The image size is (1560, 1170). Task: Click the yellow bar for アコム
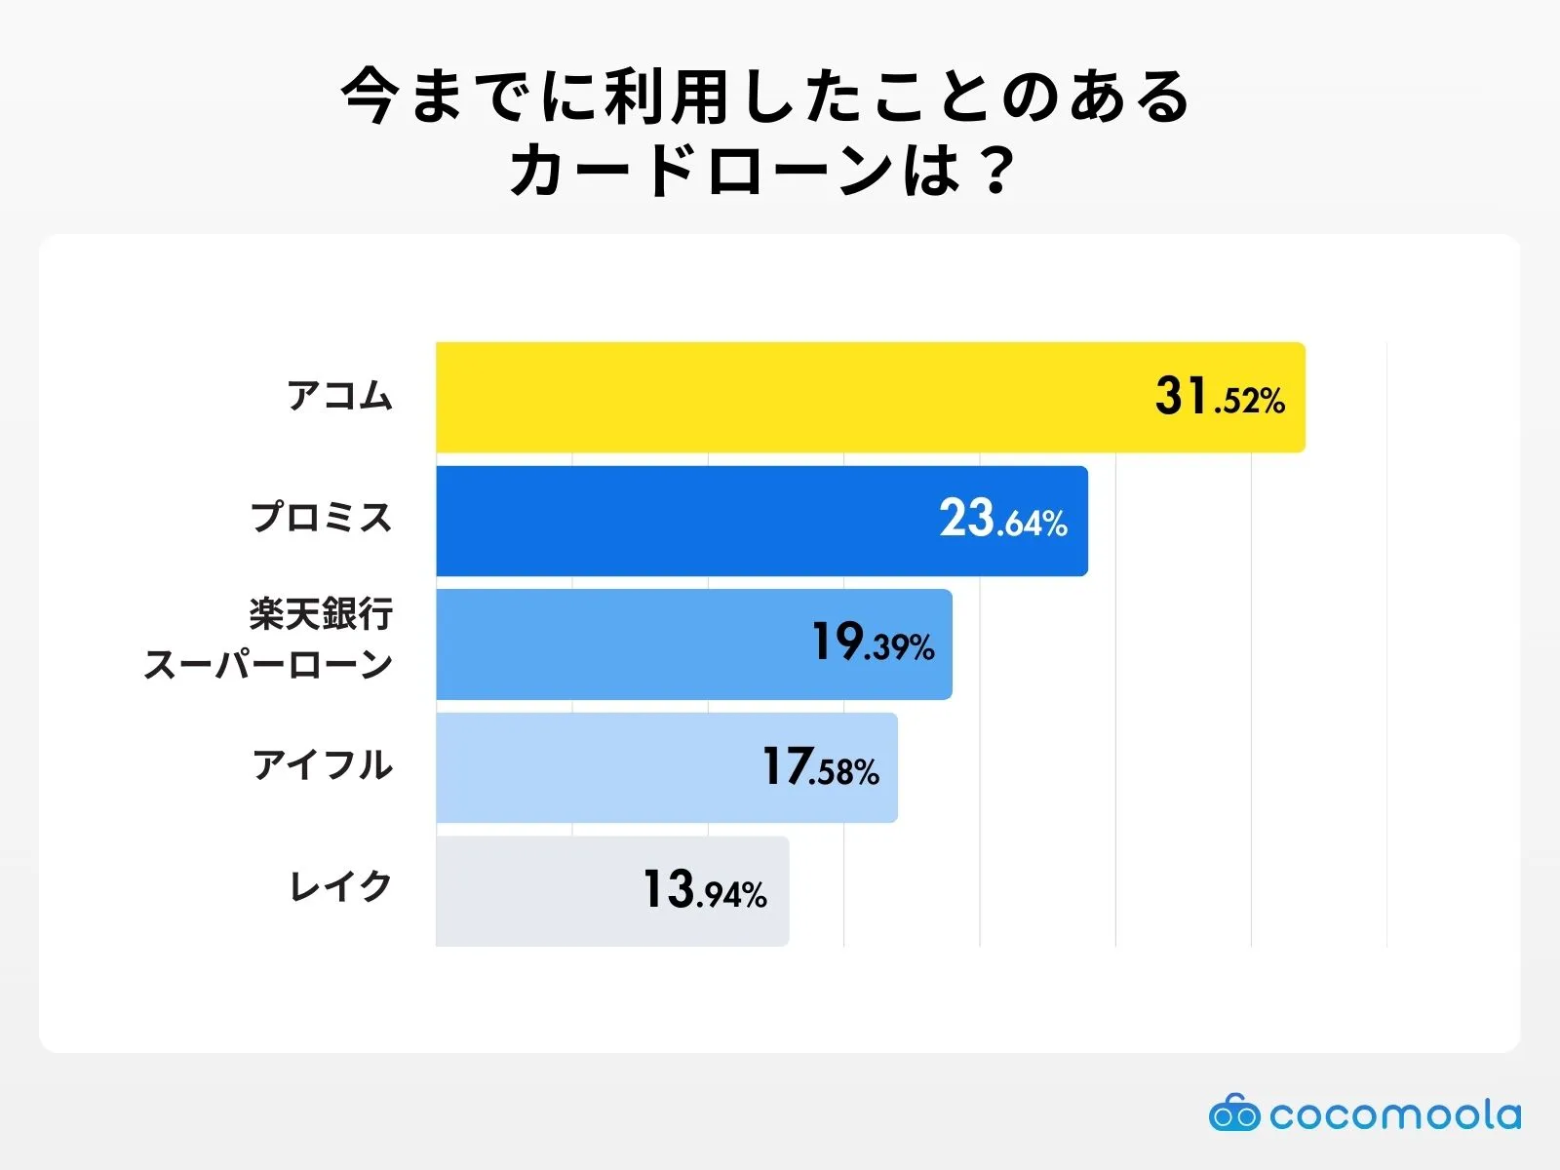click(x=780, y=397)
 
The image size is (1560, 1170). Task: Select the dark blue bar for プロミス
click(x=682, y=521)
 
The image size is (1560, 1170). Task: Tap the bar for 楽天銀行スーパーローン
click(x=624, y=644)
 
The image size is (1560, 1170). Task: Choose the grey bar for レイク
click(x=536, y=891)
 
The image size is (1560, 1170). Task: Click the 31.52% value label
click(x=1220, y=398)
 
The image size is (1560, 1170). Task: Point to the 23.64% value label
click(x=1003, y=520)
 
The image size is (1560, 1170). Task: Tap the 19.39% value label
click(x=873, y=643)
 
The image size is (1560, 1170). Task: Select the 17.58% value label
click(x=820, y=767)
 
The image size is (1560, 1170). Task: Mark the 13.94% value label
click(x=704, y=890)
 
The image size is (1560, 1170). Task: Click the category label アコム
click(x=339, y=397)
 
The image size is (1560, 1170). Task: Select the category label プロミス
click(x=321, y=518)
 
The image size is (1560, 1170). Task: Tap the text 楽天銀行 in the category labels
click(x=321, y=615)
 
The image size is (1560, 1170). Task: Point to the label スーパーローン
click(x=268, y=665)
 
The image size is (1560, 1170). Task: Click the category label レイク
click(x=340, y=887)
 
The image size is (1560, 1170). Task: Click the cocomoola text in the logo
click(x=1394, y=1114)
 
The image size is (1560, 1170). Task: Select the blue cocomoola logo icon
click(x=1234, y=1113)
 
